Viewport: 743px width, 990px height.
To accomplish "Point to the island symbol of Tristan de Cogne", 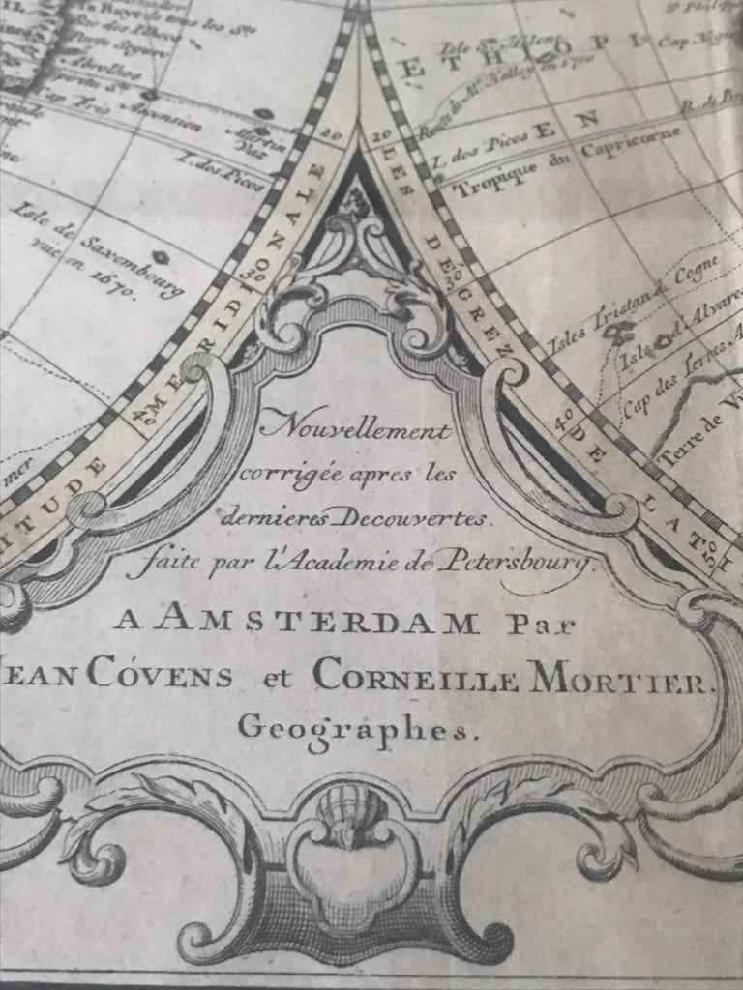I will pyautogui.click(x=612, y=334).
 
